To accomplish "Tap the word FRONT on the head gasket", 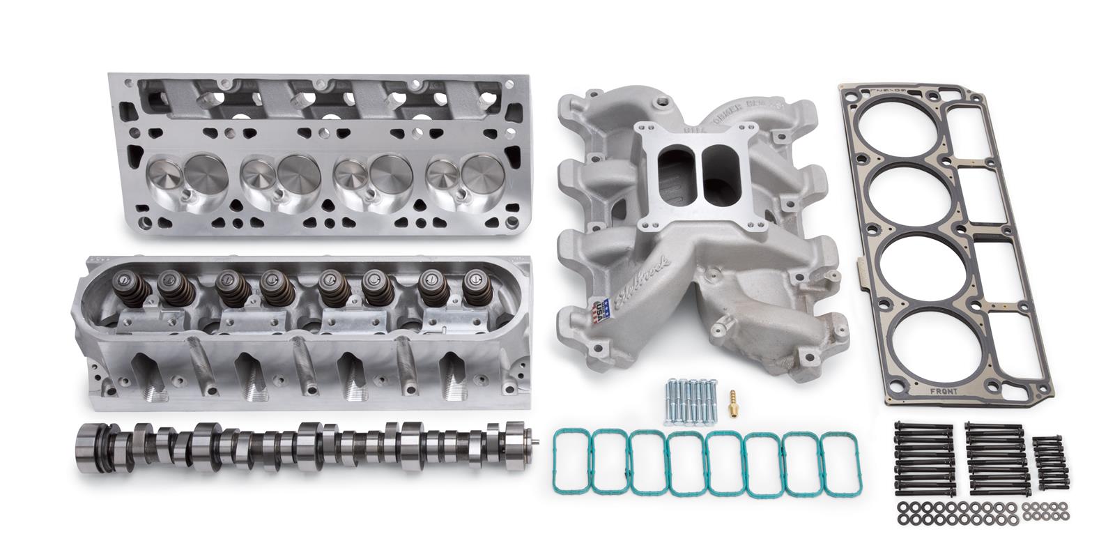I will pyautogui.click(x=944, y=391).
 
